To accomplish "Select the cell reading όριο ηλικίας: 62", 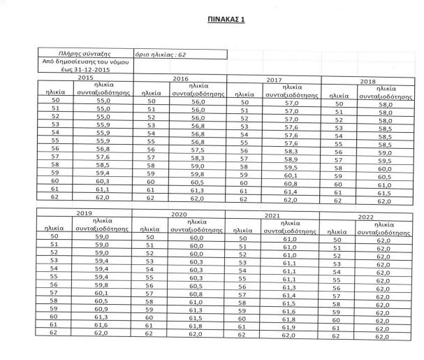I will coord(161,54).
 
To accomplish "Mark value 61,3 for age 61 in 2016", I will coord(198,190).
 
